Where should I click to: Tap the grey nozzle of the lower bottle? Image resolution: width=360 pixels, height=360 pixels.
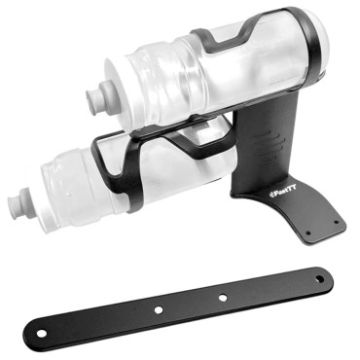click(17, 205)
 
